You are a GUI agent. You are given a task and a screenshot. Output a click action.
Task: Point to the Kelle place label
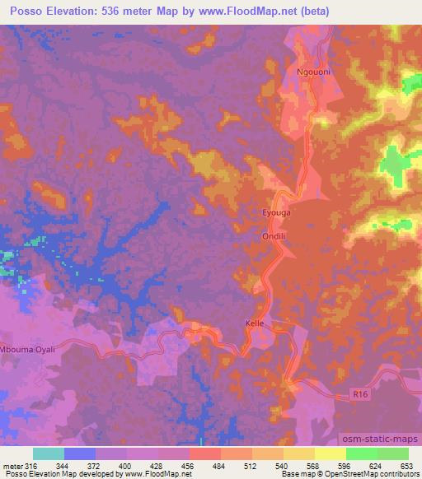pyautogui.click(x=255, y=323)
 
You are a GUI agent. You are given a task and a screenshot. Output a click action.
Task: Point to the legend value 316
pyautogui.click(x=29, y=465)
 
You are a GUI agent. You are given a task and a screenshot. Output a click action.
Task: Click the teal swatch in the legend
pyautogui.click(x=48, y=453)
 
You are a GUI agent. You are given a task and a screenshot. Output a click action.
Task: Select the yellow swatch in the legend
pyautogui.click(x=330, y=453)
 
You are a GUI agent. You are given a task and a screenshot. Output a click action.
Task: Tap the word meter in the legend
pyautogui.click(x=11, y=465)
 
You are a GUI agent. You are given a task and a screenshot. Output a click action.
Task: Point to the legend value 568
pyautogui.click(x=313, y=465)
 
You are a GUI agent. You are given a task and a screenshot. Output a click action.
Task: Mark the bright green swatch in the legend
pyautogui.click(x=361, y=453)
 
